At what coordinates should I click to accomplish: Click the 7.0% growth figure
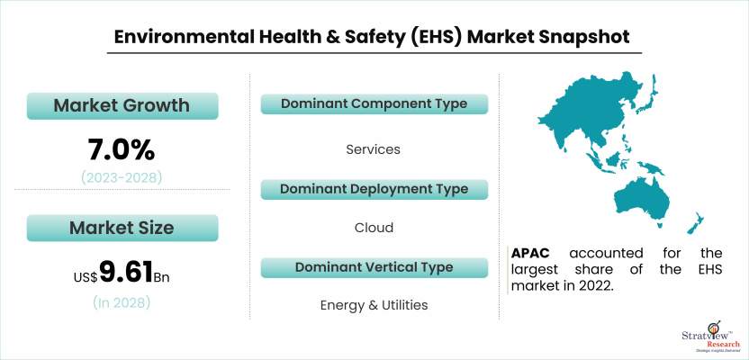[x=122, y=148]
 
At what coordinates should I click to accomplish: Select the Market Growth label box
[x=122, y=105]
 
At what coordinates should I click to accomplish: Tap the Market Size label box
[x=122, y=228]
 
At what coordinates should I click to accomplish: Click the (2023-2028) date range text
[x=122, y=177]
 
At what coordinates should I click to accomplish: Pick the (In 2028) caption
[x=122, y=303]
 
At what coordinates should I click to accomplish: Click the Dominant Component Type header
[x=374, y=104]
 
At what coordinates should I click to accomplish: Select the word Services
[x=374, y=149]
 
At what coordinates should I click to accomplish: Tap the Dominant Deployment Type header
[x=374, y=189]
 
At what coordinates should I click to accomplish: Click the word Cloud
[x=374, y=228]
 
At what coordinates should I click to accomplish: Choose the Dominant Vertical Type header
[x=374, y=268]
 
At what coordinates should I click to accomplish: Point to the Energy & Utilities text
[x=374, y=305]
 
